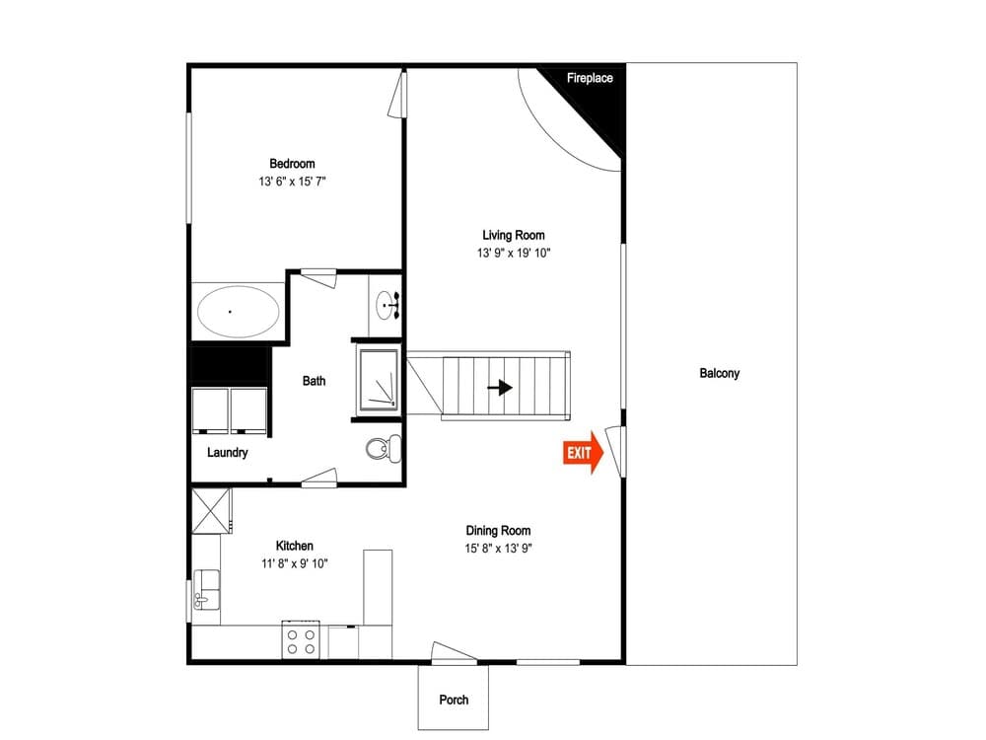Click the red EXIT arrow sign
click(583, 453)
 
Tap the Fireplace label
click(590, 78)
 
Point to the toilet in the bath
click(382, 449)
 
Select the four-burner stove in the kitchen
click(303, 641)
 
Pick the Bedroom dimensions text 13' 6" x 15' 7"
click(292, 182)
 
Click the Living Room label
click(513, 235)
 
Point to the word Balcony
click(719, 373)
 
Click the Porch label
click(454, 700)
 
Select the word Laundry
click(227, 453)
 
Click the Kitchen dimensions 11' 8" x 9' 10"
click(294, 563)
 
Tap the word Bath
click(314, 381)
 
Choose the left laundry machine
click(209, 410)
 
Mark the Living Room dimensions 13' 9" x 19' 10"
click(513, 253)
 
